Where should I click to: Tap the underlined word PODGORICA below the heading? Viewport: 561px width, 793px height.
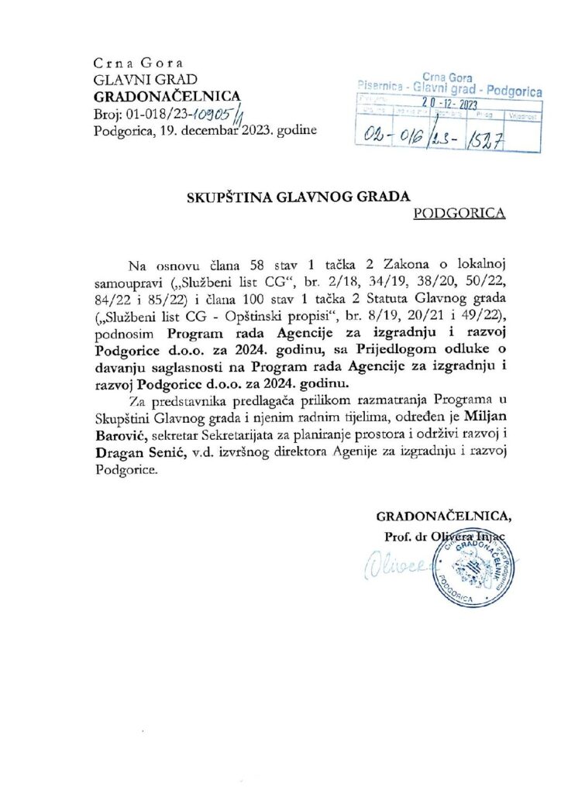point(460,213)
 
